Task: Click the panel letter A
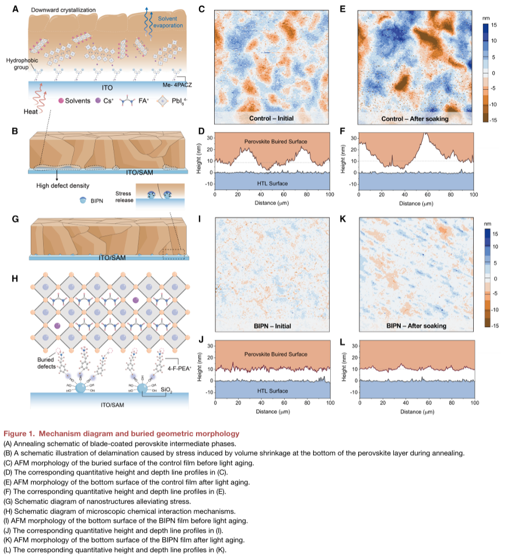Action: pyautogui.click(x=15, y=9)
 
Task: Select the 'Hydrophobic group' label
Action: pyautogui.click(x=23, y=64)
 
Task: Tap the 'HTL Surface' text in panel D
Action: pyautogui.click(x=272, y=183)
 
